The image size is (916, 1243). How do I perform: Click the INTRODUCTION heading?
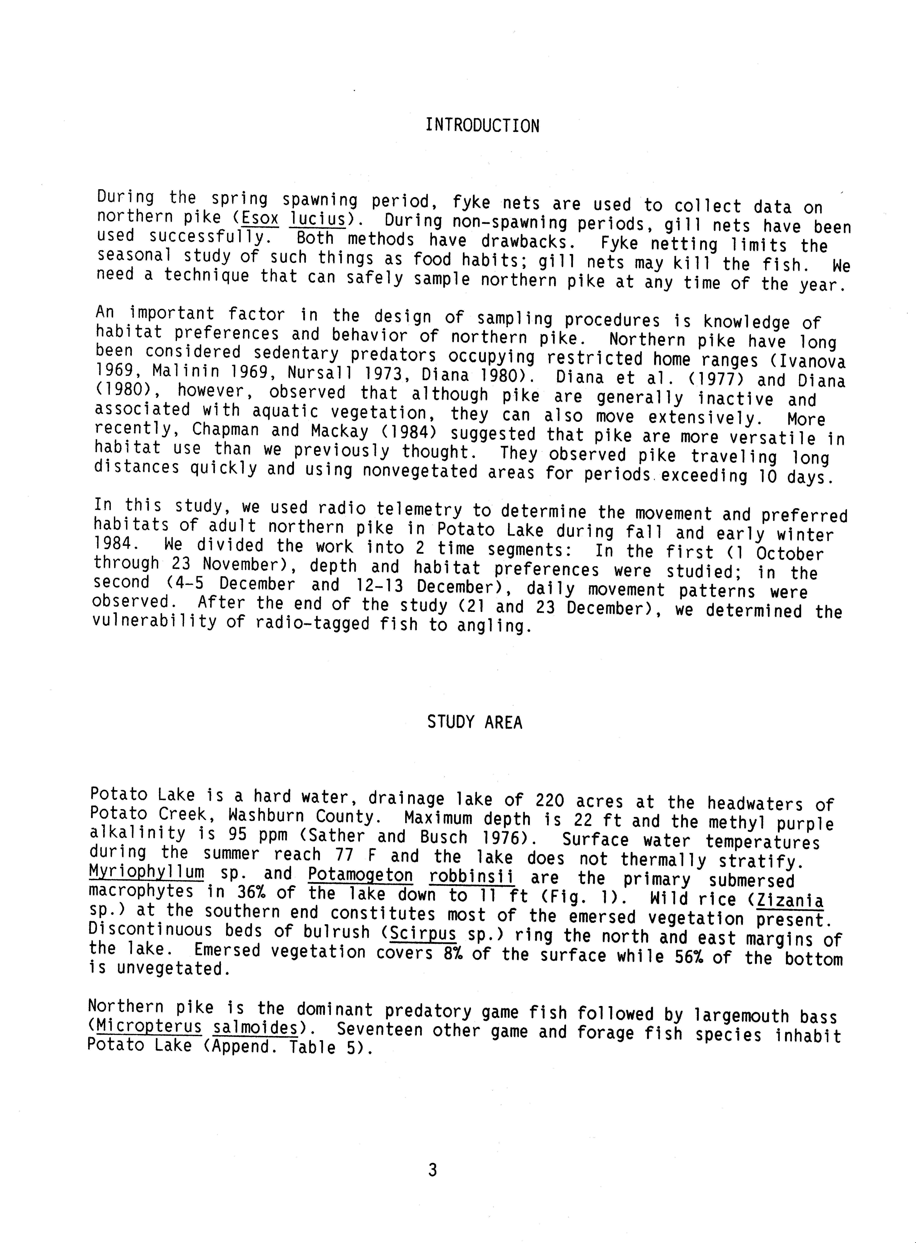482,126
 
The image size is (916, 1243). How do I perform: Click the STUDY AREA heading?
475,723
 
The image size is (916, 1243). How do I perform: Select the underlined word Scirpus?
423,934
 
